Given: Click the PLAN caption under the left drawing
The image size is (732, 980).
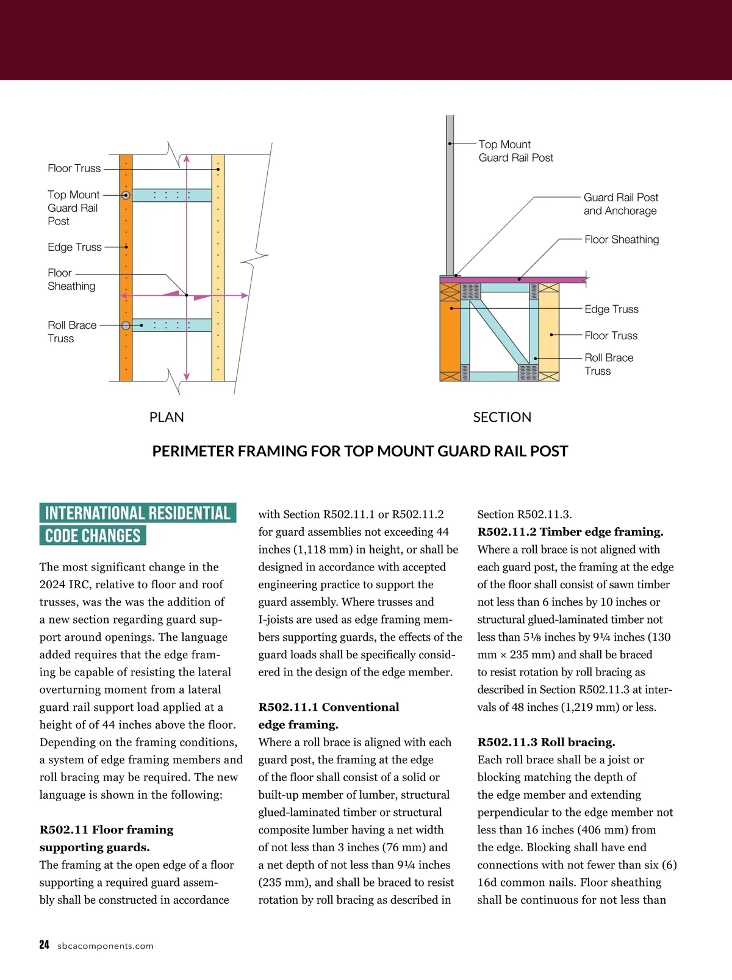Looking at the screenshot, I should (167, 417).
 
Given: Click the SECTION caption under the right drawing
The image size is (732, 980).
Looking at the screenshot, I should (502, 417).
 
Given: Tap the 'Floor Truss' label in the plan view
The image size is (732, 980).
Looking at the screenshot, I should (74, 168).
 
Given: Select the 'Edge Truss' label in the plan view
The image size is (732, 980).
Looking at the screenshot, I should (74, 247).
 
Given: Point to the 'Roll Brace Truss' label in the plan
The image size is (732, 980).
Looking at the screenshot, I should (72, 332).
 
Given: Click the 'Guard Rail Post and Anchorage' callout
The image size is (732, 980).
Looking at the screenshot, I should (621, 204).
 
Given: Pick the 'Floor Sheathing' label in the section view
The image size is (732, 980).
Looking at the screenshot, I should (622, 240).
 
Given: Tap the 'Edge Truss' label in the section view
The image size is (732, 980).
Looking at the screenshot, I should (611, 309).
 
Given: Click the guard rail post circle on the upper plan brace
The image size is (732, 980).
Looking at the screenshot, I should (126, 195).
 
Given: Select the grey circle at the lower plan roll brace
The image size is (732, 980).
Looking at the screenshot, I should (126, 325).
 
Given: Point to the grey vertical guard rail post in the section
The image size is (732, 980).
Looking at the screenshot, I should (450, 195).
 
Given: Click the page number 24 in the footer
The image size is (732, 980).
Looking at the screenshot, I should (44, 945).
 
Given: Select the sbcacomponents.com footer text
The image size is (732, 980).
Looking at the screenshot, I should (105, 946).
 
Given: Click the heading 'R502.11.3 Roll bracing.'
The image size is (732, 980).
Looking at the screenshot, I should (546, 743).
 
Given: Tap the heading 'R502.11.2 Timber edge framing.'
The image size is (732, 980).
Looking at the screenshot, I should (570, 532).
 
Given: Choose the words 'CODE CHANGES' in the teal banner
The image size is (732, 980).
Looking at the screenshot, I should (93, 536).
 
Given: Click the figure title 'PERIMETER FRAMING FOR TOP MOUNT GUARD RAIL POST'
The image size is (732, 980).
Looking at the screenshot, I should (360, 452).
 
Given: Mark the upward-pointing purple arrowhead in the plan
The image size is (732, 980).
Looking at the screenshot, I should (187, 159).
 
